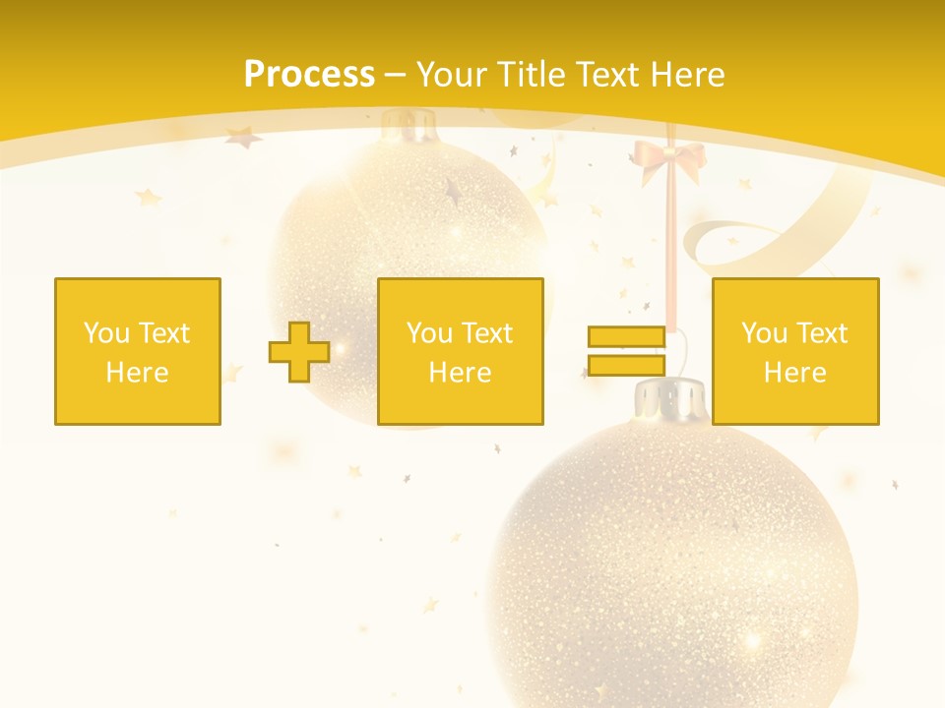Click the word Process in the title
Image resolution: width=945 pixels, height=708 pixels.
309,75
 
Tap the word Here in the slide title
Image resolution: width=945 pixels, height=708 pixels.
686,75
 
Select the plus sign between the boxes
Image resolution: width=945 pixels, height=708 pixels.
299,352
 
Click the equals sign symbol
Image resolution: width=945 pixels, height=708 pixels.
626,351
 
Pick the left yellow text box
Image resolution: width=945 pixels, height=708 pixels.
138,351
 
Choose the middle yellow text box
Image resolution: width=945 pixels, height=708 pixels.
461,351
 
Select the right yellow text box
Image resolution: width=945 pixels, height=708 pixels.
795,351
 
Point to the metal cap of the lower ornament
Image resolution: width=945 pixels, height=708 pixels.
669,398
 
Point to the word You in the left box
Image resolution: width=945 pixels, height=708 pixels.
106,333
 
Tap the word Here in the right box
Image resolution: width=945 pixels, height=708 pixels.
795,373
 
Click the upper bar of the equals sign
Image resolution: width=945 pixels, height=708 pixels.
626,337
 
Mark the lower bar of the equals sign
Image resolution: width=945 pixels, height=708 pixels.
626,365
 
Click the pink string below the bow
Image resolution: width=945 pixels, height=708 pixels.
671,246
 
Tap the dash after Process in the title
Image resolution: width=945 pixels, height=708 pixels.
395,75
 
